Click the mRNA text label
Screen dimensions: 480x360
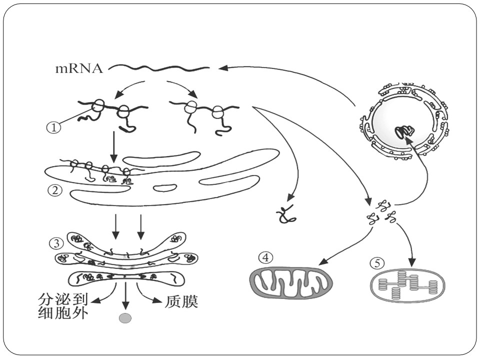tap(79, 68)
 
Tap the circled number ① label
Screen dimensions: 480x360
tap(53, 127)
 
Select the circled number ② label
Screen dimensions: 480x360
tap(55, 190)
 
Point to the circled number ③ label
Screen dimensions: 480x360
tap(56, 243)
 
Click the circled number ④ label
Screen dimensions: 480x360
tap(265, 257)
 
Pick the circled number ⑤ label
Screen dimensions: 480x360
tap(377, 263)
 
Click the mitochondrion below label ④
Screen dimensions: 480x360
tap(291, 282)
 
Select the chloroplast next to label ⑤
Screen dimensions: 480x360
tap(408, 284)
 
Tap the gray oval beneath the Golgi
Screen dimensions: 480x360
tap(125, 318)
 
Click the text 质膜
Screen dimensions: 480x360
tap(182, 301)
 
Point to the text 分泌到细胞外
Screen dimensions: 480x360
tap(63, 306)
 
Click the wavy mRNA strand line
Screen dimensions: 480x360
tap(159, 68)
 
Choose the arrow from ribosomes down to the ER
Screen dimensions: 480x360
tap(113, 147)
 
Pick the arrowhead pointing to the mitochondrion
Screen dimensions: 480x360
tap(323, 261)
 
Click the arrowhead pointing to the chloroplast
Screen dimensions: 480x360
tap(412, 262)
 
